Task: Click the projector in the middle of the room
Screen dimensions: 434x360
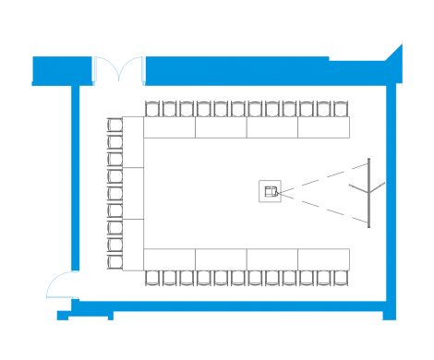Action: coord(271,191)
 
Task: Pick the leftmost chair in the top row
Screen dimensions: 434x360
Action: coord(153,109)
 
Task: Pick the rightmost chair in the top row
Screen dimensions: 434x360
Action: coord(339,109)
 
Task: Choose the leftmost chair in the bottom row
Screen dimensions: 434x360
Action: coord(153,276)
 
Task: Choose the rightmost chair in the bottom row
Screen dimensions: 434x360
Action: coord(339,276)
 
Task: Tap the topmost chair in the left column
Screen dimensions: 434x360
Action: coord(115,126)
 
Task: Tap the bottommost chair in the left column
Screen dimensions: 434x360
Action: coord(115,259)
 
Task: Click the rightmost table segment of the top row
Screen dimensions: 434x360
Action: coord(324,126)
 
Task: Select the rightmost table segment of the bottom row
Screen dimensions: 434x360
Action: coord(324,258)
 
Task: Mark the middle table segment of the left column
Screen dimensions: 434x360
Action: coord(134,193)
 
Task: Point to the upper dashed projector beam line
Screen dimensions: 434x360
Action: coord(319,176)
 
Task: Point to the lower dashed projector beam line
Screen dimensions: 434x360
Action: coord(319,207)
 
